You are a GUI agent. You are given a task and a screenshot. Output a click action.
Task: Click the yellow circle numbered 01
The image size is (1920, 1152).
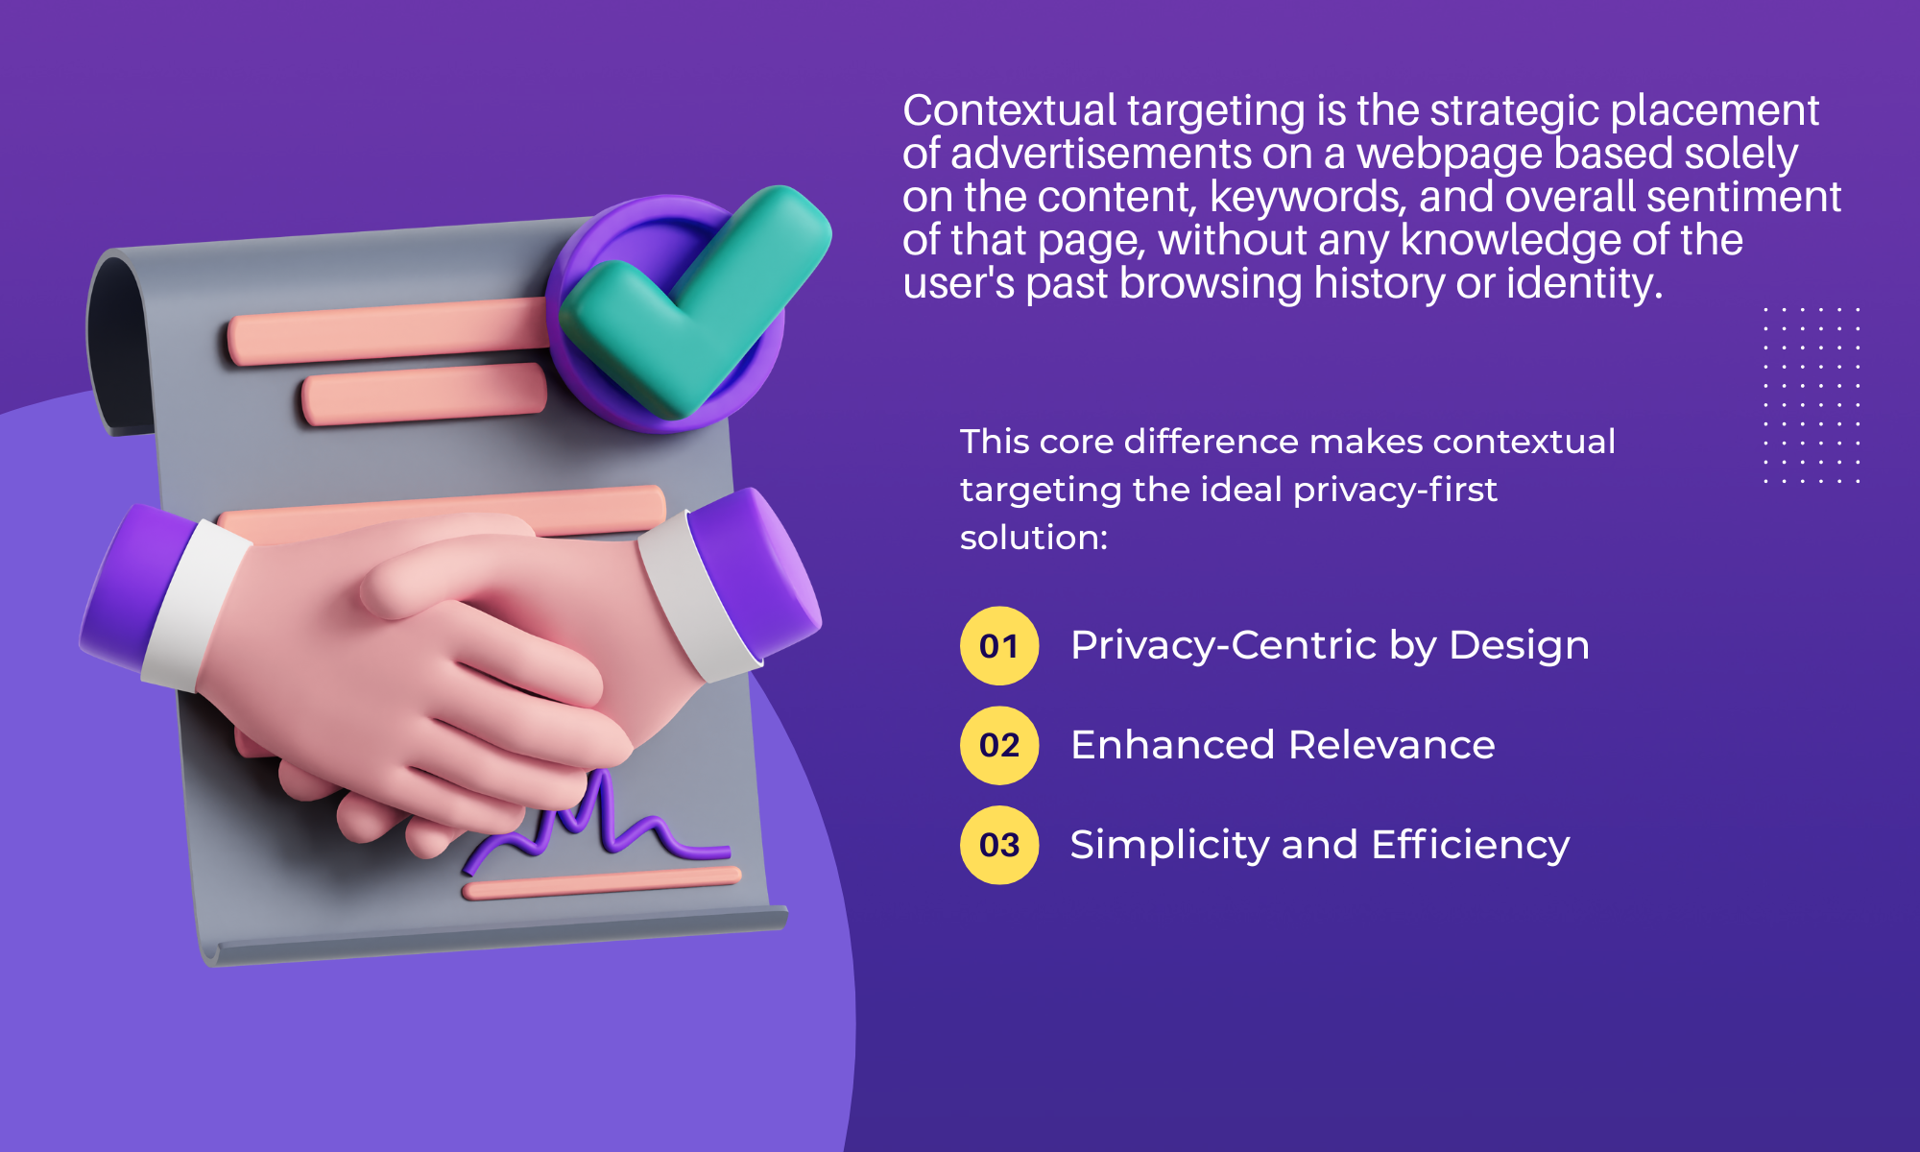pos(999,645)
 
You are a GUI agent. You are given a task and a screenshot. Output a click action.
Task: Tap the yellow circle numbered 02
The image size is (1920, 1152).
pos(999,745)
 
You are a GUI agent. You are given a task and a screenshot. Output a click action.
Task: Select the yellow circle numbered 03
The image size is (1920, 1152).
pos(999,845)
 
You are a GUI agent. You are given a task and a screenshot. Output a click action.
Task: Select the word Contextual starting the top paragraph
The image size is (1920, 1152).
pos(1010,110)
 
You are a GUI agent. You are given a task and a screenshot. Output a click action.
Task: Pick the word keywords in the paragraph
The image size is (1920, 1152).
pos(1309,197)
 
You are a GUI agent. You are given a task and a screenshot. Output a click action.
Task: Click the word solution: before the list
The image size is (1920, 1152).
pos(1034,538)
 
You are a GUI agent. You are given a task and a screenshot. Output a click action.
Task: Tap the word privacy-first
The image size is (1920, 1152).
pos(1395,490)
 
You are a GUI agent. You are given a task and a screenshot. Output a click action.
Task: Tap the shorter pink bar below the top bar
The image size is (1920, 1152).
pos(423,394)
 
